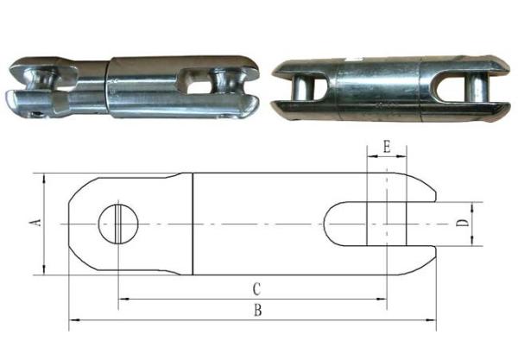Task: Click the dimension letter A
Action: point(35,224)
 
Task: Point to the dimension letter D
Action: point(464,224)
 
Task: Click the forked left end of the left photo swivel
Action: point(35,84)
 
